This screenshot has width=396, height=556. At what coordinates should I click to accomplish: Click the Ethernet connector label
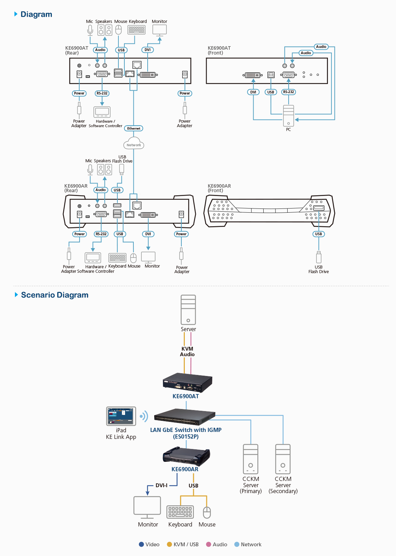point(133,128)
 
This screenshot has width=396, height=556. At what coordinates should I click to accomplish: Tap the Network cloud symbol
point(134,143)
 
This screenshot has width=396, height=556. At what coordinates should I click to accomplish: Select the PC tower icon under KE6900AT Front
point(288,116)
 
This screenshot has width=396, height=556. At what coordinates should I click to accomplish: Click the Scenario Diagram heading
point(55,295)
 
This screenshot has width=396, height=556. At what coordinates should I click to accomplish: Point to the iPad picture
point(121,416)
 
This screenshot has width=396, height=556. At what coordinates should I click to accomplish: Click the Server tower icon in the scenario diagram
point(188,310)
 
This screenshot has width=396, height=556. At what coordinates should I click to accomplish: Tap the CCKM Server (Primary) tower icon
point(250,459)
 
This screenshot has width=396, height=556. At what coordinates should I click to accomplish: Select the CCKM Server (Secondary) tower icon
point(283,459)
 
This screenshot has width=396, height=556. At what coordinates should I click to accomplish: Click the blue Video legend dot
point(141,544)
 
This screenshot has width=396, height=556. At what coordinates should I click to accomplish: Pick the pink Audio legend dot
point(209,544)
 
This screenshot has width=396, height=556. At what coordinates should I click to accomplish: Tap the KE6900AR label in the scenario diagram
point(185,469)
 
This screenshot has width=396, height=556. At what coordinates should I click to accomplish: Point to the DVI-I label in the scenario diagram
point(161,485)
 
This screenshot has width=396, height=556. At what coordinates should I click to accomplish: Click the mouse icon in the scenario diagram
point(207,513)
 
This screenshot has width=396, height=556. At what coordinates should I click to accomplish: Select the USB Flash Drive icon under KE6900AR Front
point(319,257)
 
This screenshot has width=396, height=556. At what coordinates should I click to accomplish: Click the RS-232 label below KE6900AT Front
point(289,92)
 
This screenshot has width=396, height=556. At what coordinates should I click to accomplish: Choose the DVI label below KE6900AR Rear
point(148,234)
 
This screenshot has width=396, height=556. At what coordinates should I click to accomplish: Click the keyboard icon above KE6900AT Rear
point(137,30)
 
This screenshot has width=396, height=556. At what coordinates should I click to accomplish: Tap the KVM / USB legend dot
point(170,544)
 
